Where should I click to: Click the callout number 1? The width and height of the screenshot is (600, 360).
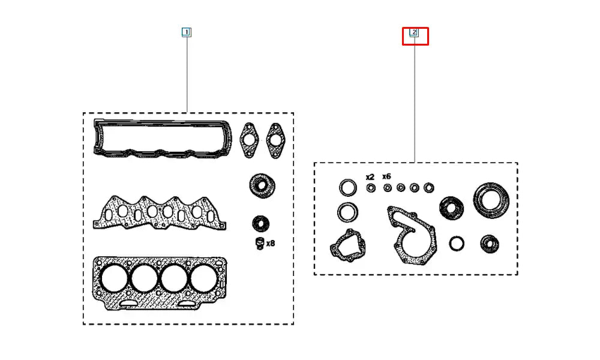tap(187, 32)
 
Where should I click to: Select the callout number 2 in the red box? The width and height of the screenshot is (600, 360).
tap(414, 32)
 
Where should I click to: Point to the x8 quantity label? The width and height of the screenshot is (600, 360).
tap(270, 244)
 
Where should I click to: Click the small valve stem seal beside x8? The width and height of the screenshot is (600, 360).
tap(260, 243)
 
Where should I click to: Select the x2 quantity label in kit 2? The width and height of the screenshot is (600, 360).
tap(370, 177)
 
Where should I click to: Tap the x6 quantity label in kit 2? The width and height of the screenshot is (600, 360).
tap(386, 177)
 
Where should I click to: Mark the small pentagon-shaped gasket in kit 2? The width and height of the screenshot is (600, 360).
tap(349, 246)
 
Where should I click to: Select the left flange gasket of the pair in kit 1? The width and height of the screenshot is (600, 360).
tap(249, 140)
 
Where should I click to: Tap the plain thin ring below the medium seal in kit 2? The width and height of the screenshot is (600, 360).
tap(457, 244)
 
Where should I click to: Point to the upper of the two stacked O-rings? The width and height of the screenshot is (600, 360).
tap(347, 188)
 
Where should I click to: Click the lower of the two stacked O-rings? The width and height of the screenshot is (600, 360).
tap(346, 212)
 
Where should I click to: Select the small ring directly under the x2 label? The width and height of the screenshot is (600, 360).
tap(371, 188)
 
